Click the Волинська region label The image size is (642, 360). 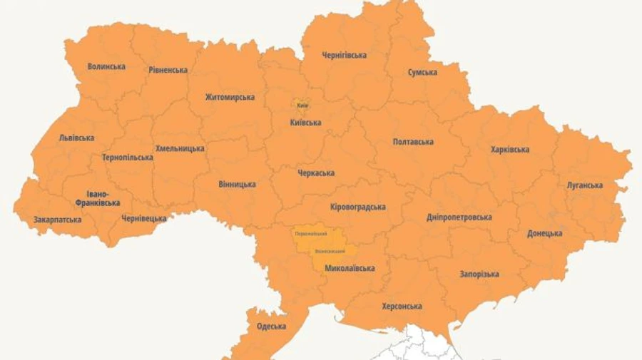(106, 66)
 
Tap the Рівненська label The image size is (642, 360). (168, 70)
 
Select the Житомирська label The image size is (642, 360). (230, 97)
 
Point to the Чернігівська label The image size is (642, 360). (344, 55)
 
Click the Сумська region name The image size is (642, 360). (422, 72)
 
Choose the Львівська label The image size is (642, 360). (76, 138)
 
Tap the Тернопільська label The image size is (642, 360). (127, 158)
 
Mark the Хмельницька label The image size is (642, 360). (180, 148)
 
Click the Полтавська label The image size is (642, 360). (413, 142)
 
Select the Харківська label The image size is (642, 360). (510, 150)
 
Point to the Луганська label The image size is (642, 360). (584, 185)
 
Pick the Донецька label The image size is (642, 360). (544, 233)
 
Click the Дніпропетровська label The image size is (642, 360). (459, 217)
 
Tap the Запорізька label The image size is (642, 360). (479, 274)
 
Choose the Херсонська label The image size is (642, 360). (402, 307)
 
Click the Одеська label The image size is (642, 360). (271, 326)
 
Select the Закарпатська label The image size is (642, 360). (57, 220)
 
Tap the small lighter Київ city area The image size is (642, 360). (302, 105)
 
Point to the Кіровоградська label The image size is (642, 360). (358, 207)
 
